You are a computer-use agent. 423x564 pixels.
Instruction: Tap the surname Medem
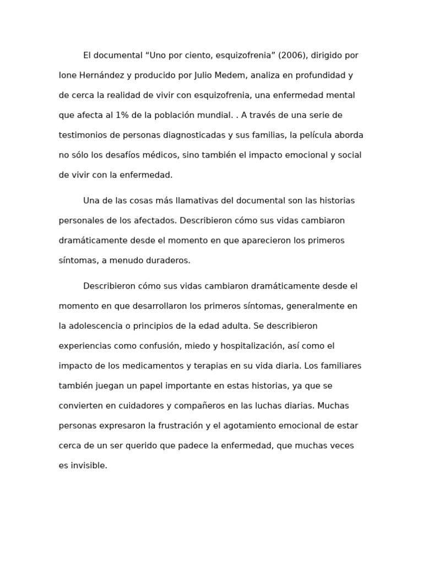point(219,75)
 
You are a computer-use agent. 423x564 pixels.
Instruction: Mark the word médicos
point(157,155)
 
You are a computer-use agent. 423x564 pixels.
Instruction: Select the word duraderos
point(165,261)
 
